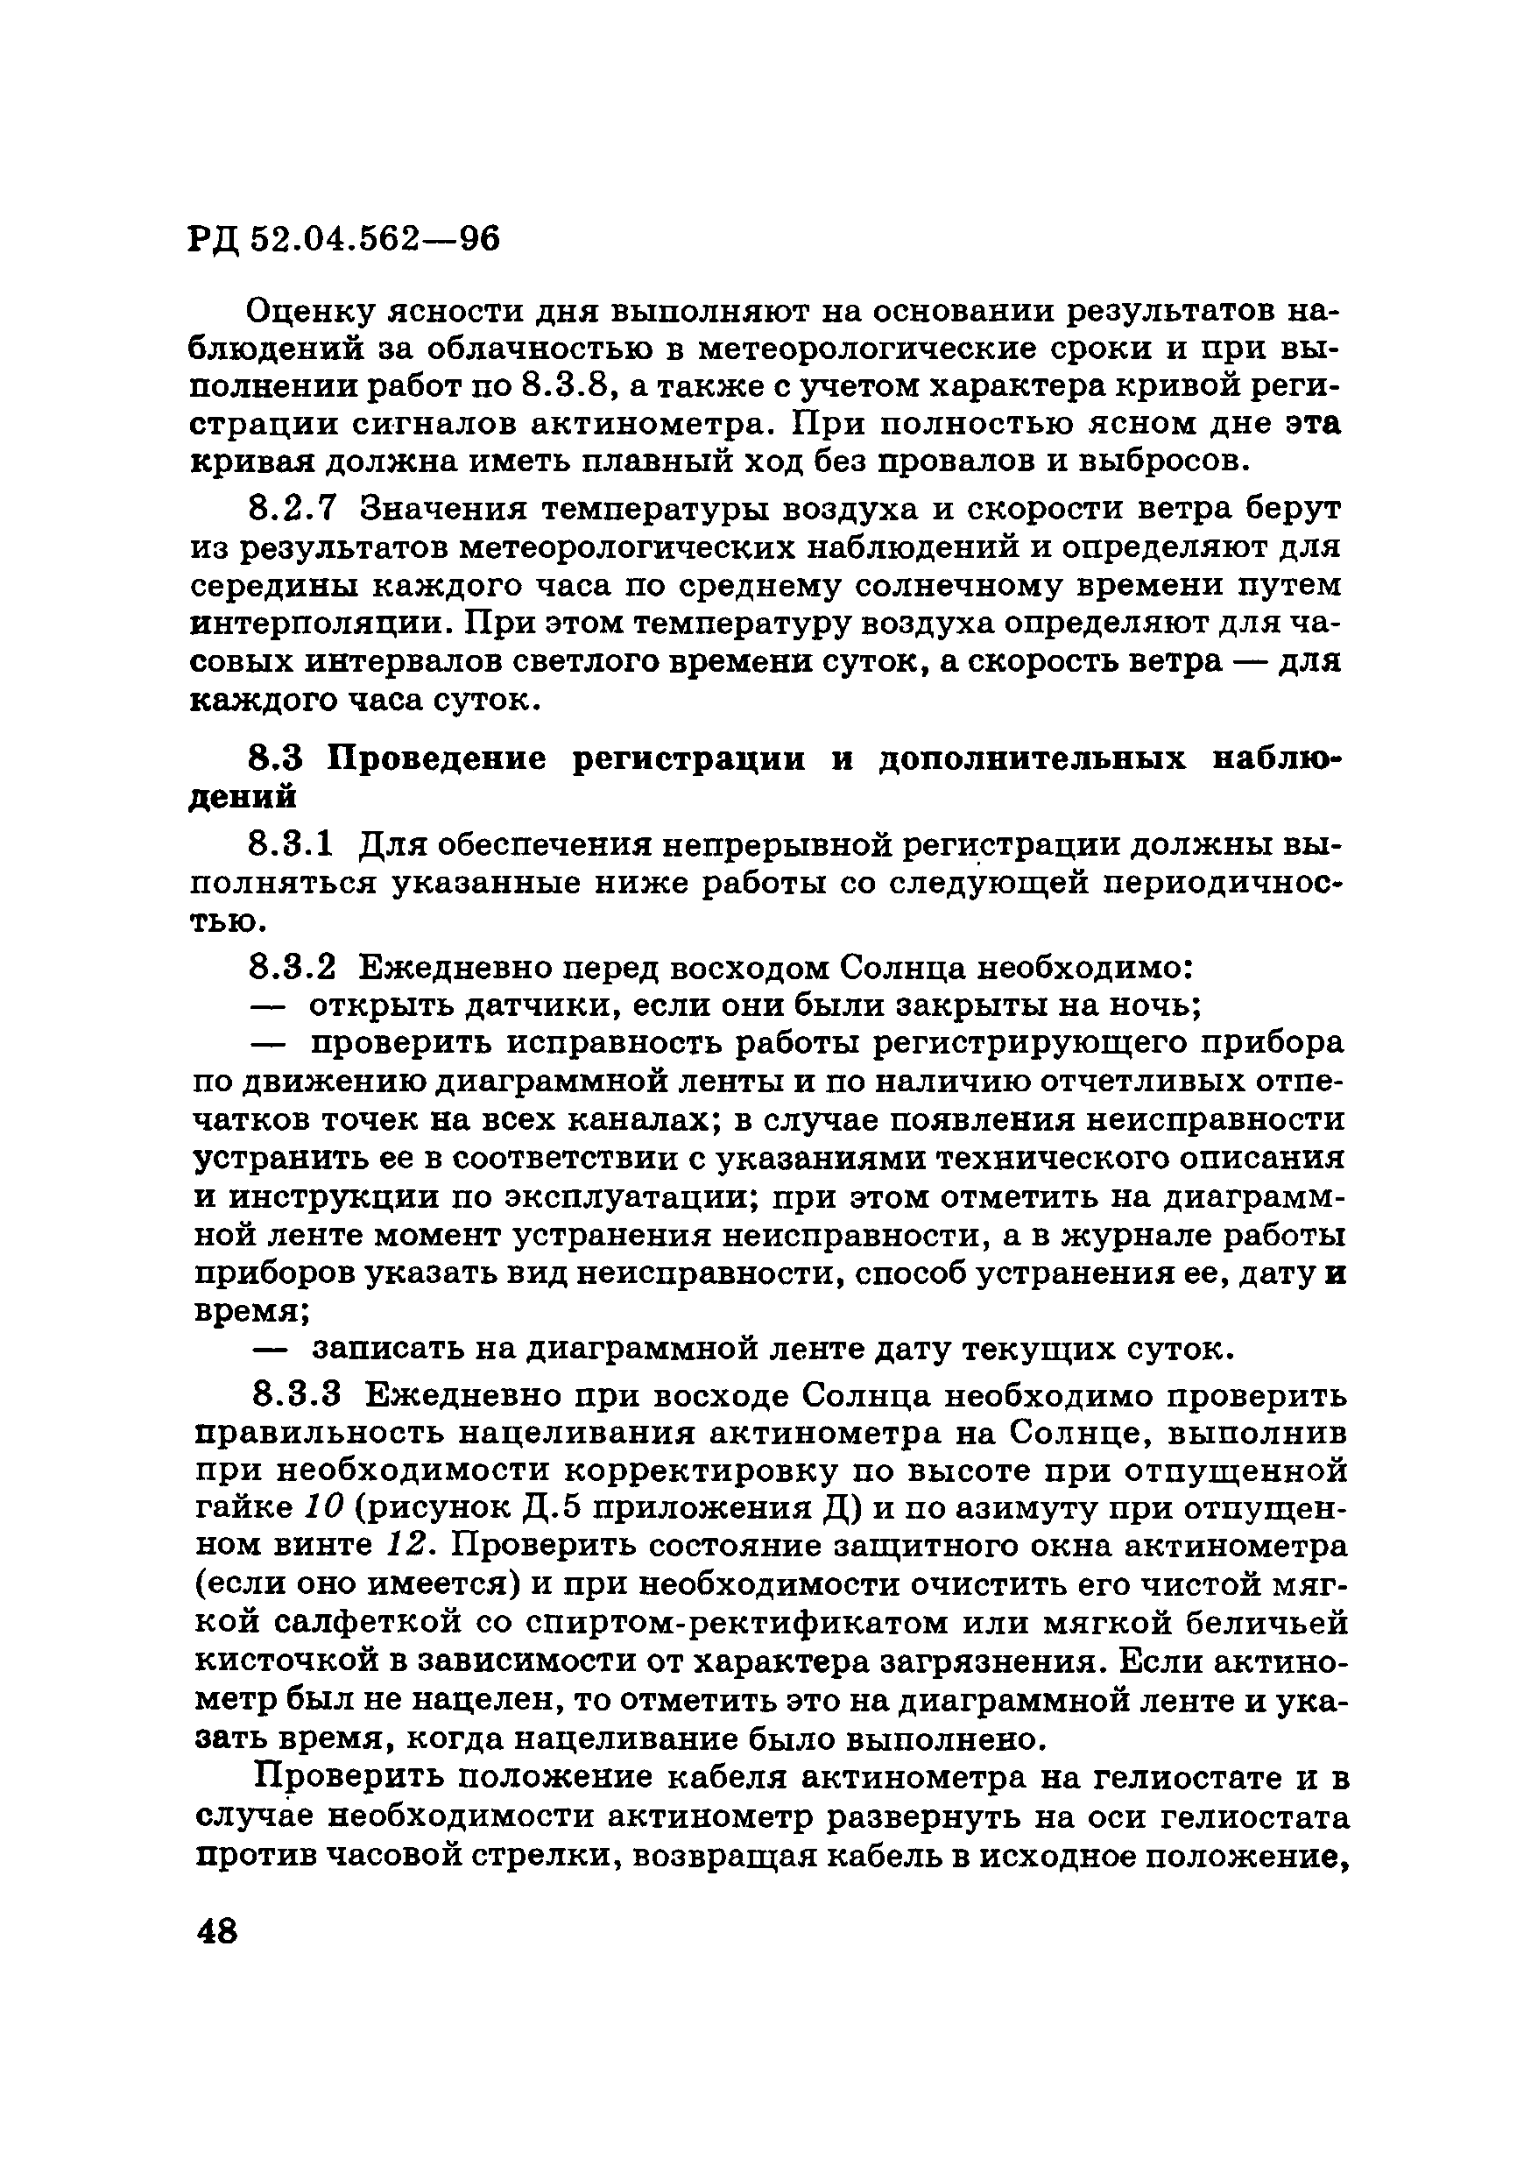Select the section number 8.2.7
coord(292,509)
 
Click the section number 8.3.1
coord(292,843)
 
